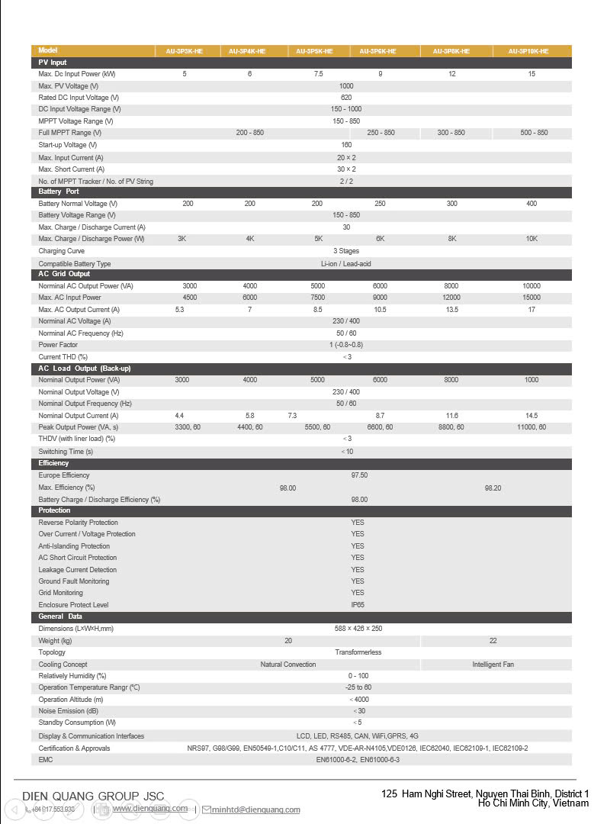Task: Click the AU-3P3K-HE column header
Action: point(185,51)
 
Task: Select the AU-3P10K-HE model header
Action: point(532,51)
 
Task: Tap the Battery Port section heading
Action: point(59,192)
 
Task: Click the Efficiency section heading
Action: point(53,463)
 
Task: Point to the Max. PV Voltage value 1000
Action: point(346,86)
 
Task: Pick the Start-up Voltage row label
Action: point(68,145)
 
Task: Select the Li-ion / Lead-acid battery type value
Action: point(346,264)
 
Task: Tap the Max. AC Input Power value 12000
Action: point(451,298)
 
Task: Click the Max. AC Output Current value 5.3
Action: point(179,310)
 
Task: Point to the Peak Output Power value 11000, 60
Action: point(532,427)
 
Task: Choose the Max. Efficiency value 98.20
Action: point(493,488)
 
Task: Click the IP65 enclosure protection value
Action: point(358,604)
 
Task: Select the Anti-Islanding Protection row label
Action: point(74,546)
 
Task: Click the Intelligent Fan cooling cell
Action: point(493,665)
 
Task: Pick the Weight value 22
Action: point(493,641)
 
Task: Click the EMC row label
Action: point(46,760)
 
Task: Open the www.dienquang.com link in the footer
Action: point(150,809)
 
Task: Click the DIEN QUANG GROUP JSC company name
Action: point(93,797)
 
